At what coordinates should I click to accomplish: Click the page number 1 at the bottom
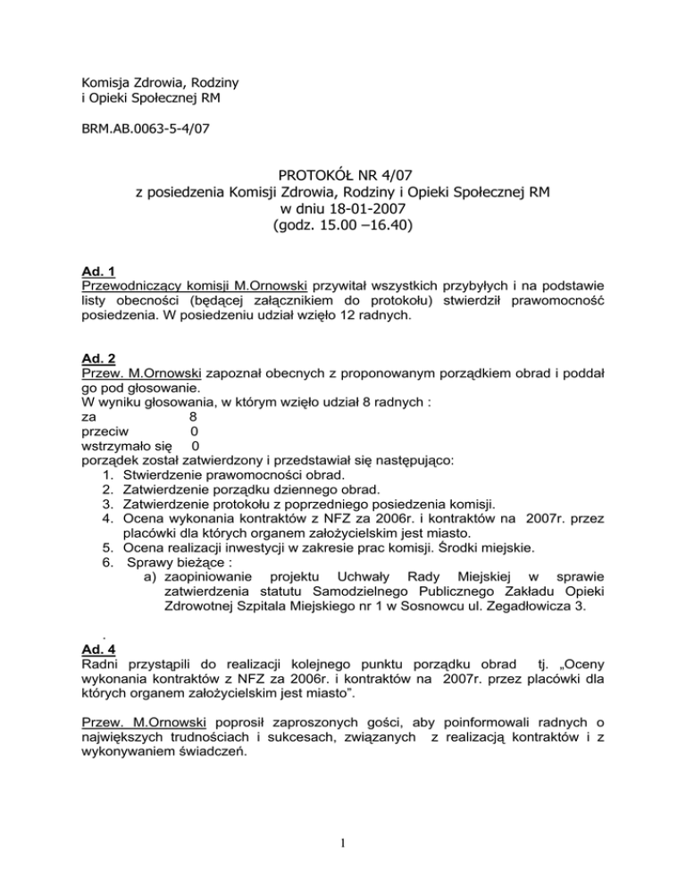(343, 863)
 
